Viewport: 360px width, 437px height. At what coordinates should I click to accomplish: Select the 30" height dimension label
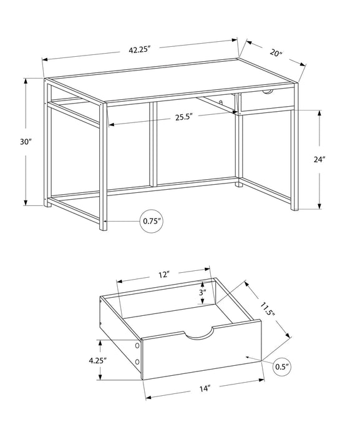26,142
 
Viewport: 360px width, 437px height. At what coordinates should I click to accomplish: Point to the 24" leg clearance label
319,159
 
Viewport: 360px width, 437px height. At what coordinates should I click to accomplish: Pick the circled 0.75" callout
152,220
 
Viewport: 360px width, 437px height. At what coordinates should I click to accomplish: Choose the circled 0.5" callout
283,367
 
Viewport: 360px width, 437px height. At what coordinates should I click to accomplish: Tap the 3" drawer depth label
203,293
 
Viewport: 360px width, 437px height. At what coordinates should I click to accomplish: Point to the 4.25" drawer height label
96,360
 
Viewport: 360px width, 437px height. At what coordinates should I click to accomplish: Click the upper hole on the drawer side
136,346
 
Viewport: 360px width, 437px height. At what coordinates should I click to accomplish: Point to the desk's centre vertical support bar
152,142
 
